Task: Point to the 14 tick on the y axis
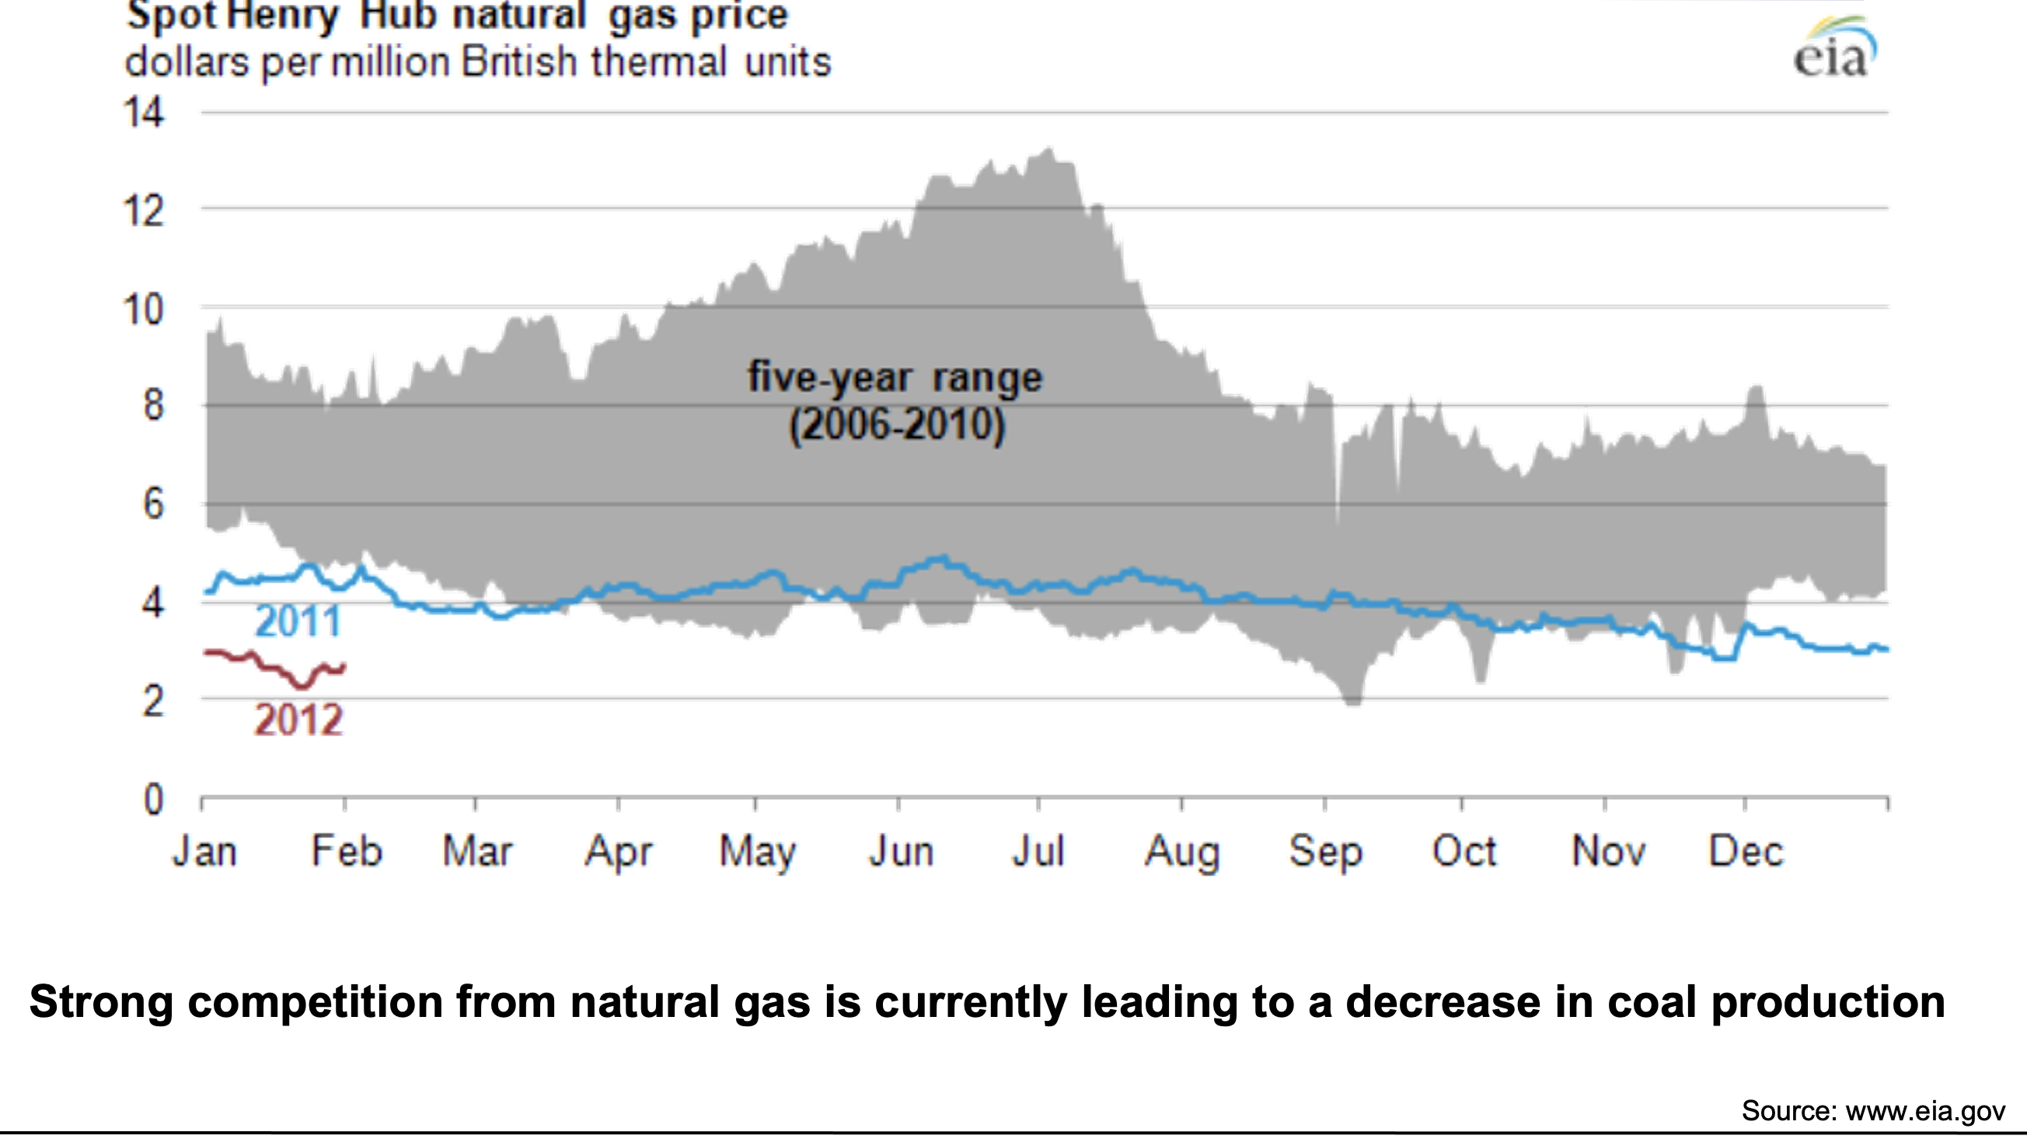point(144,113)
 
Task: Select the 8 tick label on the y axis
point(152,406)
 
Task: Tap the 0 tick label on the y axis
point(152,800)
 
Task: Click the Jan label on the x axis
point(204,851)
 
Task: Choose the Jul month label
point(1038,851)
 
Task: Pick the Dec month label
point(1746,851)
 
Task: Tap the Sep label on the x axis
point(1325,851)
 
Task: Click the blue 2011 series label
point(298,622)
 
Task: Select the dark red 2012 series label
point(298,720)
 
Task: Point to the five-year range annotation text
point(895,378)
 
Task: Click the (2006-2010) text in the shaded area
point(897,426)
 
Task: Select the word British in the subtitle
point(519,62)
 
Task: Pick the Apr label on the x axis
point(618,851)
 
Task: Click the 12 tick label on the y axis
point(144,211)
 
